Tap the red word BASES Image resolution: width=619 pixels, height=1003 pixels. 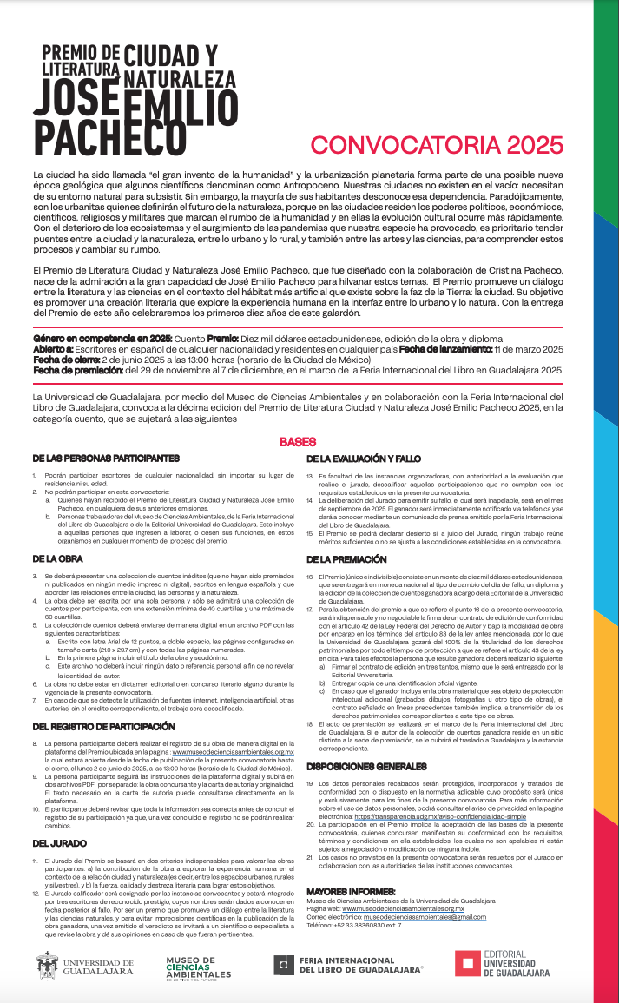click(297, 442)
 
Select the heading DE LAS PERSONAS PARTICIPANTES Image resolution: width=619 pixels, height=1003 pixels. click(106, 458)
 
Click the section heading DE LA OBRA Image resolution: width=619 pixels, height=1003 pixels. click(57, 558)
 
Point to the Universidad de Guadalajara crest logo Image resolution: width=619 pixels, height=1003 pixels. click(48, 964)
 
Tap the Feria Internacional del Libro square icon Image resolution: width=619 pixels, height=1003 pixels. click(282, 964)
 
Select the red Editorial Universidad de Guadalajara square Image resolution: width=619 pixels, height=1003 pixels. click(468, 963)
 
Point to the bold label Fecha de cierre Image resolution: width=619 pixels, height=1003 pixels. click(66, 359)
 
